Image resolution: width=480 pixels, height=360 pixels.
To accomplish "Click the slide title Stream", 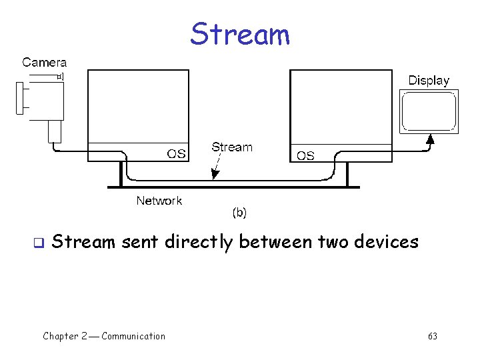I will pyautogui.click(x=240, y=34).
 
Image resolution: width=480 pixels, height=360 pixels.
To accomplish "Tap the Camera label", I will pyautogui.click(x=45, y=63).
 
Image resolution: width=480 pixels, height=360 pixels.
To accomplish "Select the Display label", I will pyautogui.click(x=429, y=81).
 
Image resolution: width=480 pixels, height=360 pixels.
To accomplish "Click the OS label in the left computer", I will pyautogui.click(x=176, y=154).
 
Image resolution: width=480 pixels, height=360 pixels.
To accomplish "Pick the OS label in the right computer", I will pyautogui.click(x=305, y=156).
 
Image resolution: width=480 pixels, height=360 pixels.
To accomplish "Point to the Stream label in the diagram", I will pyautogui.click(x=232, y=147).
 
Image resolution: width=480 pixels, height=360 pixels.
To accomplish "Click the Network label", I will pyautogui.click(x=159, y=200).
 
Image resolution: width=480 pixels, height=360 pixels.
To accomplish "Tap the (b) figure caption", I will pyautogui.click(x=239, y=213).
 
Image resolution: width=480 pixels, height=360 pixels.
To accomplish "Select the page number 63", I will pyautogui.click(x=433, y=336).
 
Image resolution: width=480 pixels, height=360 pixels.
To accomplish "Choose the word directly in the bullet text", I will pyautogui.click(x=201, y=242).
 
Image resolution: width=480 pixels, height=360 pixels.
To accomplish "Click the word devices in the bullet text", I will pyautogui.click(x=386, y=241).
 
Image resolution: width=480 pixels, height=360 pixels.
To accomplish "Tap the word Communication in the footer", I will pyautogui.click(x=133, y=336).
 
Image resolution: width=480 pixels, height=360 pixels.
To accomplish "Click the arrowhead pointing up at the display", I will pyautogui.click(x=430, y=139).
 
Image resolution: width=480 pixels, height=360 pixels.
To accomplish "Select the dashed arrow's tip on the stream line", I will pyautogui.click(x=213, y=178).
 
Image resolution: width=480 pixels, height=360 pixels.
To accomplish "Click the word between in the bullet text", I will pyautogui.click(x=273, y=241).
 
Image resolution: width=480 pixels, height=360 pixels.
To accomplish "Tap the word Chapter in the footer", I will pyautogui.click(x=59, y=336).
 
